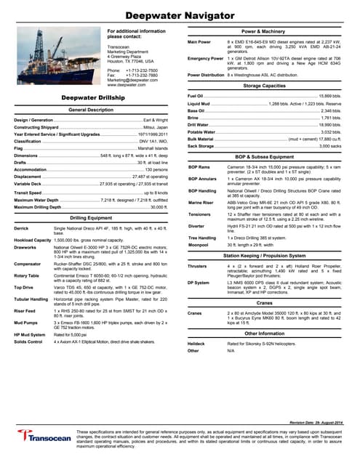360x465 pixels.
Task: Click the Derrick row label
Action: tap(23, 208)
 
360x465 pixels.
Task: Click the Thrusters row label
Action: tap(199, 266)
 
